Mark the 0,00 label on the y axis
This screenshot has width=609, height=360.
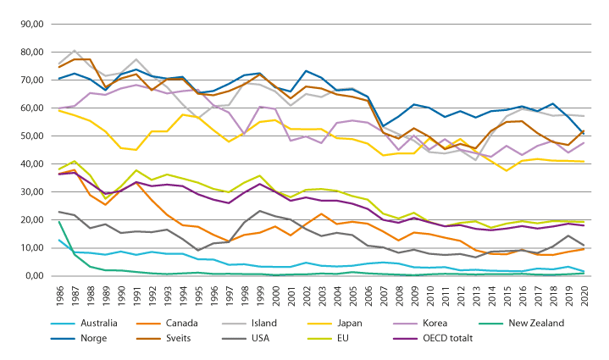pyautogui.click(x=33, y=276)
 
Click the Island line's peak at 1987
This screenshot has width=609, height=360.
pyautogui.click(x=74, y=51)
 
